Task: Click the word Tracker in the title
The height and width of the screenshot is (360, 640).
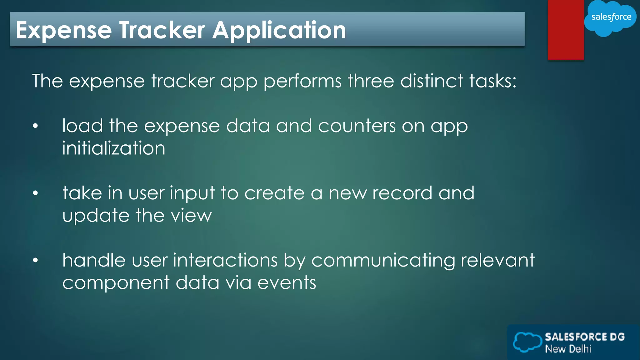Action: click(x=162, y=30)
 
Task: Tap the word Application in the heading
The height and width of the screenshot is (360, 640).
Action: click(x=279, y=30)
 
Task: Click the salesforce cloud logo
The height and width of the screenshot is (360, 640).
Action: click(x=610, y=17)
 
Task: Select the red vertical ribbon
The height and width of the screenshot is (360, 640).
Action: click(x=566, y=30)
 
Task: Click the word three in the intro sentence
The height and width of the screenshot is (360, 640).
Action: click(x=371, y=81)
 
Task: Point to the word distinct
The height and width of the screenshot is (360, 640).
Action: click(x=432, y=81)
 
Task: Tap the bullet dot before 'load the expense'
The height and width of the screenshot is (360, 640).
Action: click(x=35, y=126)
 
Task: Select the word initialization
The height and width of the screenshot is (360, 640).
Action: click(x=113, y=148)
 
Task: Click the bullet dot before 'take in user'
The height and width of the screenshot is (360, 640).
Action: click(x=35, y=193)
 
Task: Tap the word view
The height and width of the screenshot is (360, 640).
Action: click(x=191, y=216)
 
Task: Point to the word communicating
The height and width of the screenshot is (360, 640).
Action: click(x=383, y=260)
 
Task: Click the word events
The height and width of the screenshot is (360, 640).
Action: click(x=287, y=282)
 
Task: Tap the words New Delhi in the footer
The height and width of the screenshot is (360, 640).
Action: click(x=568, y=349)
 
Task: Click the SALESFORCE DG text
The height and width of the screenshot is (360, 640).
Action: click(x=585, y=337)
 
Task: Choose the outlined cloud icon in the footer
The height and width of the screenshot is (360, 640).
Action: click(x=527, y=342)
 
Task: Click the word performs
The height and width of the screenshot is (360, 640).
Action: click(x=302, y=81)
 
